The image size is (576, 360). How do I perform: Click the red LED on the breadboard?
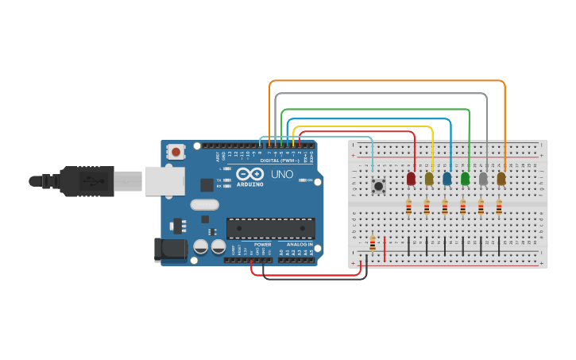pos(411,179)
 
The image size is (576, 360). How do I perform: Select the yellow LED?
pos(429,179)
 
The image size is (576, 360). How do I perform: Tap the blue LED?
pos(447,179)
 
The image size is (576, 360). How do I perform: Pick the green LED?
pos(465,179)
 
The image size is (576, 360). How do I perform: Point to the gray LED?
pos(483,179)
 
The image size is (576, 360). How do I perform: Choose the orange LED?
pos(501,179)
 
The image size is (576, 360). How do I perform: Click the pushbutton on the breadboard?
pos(379,186)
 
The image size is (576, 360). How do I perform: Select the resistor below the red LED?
pos(408,207)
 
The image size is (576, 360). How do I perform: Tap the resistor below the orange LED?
pos(499,207)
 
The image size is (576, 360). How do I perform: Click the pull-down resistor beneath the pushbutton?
pos(372,242)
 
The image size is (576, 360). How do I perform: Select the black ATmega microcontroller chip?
pos(270,228)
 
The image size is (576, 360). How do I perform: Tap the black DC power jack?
pos(170,250)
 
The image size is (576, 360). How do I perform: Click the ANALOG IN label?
pos(300,244)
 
